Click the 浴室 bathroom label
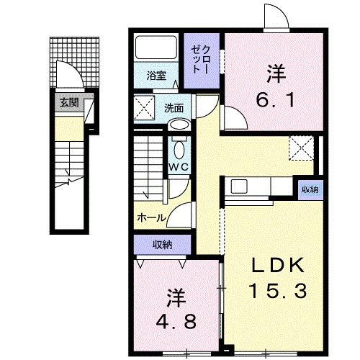pos(156,75)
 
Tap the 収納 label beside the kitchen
pos(310,190)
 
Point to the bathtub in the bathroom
pos(156,50)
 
